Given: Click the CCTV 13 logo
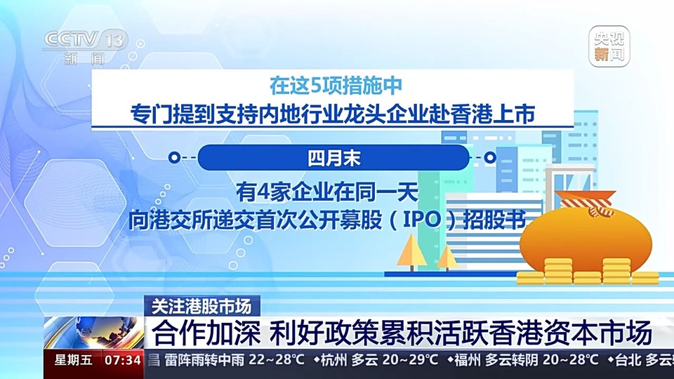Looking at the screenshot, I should point(83,46).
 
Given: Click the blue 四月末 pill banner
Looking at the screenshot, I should point(333,158).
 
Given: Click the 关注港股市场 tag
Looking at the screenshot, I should point(201,306).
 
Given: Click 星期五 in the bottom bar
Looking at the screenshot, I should point(70,361).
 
